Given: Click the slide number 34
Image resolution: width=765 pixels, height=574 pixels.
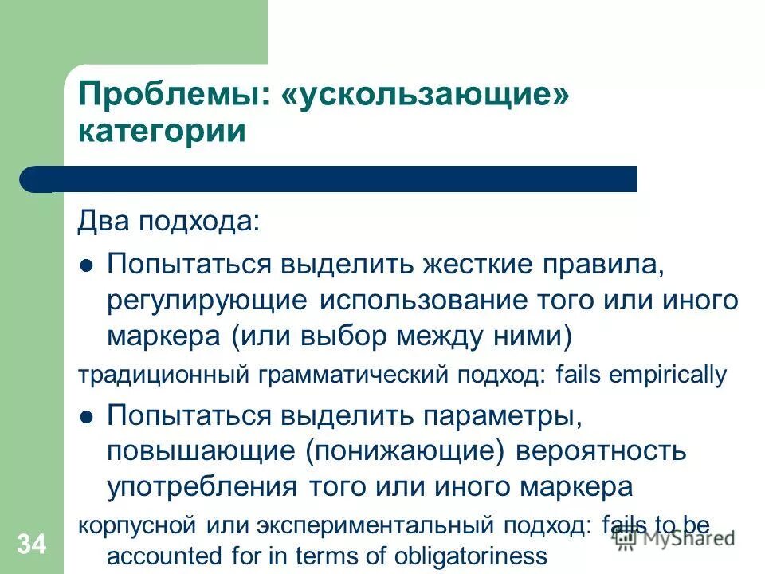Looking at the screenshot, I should pyautogui.click(x=31, y=545).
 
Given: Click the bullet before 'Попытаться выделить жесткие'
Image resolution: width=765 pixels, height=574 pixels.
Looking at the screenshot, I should pyautogui.click(x=88, y=265).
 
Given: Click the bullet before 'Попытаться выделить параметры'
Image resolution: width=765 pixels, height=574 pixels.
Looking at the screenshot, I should pyautogui.click(x=88, y=415).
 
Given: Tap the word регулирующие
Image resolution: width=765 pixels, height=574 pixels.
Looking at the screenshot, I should pyautogui.click(x=207, y=301).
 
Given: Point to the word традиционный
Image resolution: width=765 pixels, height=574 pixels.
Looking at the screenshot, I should pyautogui.click(x=162, y=375).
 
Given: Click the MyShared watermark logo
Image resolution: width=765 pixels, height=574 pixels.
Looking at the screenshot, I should pyautogui.click(x=676, y=539).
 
